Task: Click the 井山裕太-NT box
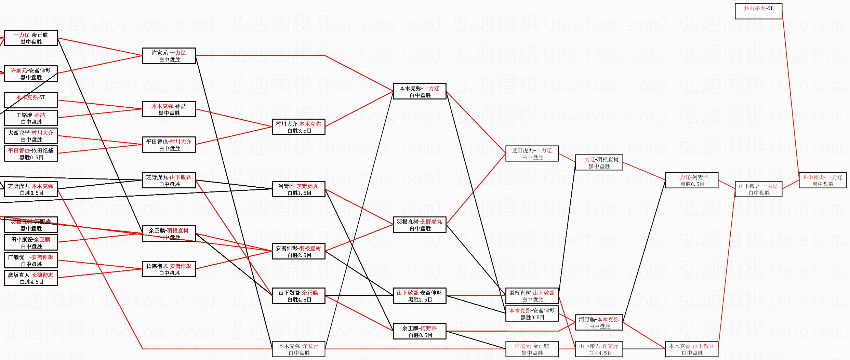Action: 758,11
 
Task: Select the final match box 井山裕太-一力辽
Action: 822,180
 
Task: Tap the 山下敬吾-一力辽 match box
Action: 758,189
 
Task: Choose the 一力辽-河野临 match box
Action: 691,180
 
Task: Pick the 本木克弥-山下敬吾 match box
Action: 691,349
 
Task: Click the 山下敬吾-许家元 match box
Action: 599,349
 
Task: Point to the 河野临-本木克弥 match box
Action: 599,322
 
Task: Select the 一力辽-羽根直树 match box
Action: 599,162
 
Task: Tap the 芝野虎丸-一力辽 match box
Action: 532,154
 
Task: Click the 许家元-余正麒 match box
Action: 532,349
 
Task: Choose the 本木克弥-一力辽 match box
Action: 420,91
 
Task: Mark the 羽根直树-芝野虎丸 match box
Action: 420,225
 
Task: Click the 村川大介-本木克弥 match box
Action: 298,127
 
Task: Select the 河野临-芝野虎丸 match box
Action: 298,189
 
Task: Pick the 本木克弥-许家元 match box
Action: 298,349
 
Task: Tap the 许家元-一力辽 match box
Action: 169,56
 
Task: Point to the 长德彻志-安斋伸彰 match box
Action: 169,269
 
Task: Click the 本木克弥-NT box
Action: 31,100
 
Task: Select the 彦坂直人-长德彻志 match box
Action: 31,278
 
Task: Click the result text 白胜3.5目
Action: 300,131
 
